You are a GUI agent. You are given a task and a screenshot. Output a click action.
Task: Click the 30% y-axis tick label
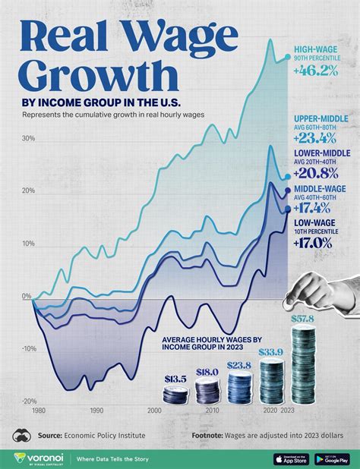click(x=29, y=138)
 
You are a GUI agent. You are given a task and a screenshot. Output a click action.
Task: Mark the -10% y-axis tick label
click(x=29, y=349)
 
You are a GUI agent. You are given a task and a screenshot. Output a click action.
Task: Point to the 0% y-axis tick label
click(x=27, y=297)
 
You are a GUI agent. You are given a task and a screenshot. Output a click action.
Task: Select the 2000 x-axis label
click(x=155, y=410)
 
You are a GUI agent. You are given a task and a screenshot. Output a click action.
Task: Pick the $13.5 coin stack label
click(x=175, y=378)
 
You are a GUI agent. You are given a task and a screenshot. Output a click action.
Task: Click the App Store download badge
click(x=289, y=458)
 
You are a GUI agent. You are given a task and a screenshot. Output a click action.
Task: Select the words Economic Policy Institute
click(x=104, y=436)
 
